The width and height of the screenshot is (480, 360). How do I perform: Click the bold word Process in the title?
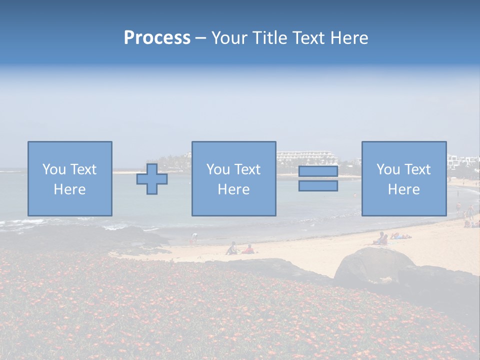(157, 38)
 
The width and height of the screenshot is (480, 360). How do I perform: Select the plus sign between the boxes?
(152, 178)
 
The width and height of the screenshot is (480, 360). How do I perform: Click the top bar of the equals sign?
(318, 171)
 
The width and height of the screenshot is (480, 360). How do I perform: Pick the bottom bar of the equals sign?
(318, 185)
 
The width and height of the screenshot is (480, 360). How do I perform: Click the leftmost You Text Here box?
(70, 178)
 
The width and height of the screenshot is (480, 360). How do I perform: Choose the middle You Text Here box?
(233, 178)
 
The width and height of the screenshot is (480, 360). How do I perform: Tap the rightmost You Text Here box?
(404, 178)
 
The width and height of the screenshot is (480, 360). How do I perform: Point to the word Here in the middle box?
(233, 189)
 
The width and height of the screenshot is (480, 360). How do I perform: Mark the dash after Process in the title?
(200, 38)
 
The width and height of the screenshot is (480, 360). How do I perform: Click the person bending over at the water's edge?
(194, 237)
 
